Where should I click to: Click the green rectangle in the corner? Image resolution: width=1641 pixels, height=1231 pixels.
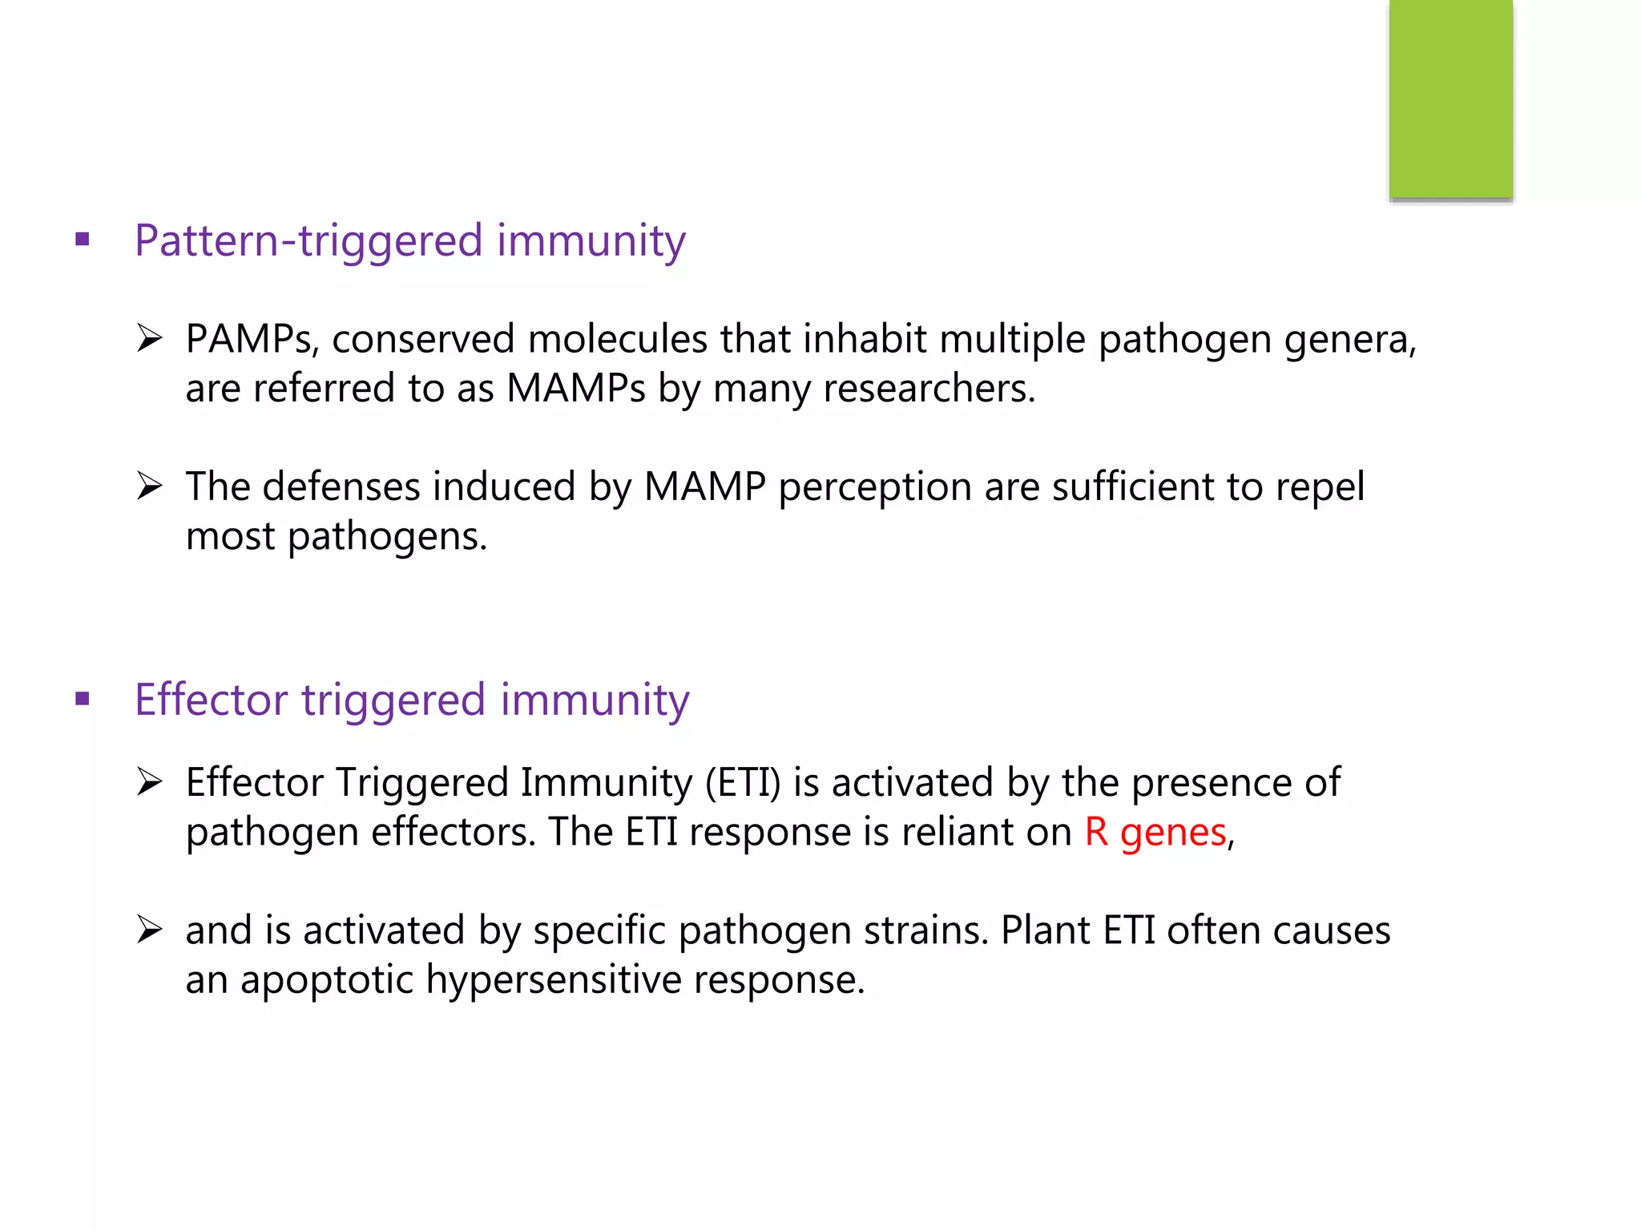coord(1450,99)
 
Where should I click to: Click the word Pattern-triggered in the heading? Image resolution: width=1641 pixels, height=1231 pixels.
coord(308,241)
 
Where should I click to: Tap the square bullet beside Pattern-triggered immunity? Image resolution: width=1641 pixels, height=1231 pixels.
coord(83,239)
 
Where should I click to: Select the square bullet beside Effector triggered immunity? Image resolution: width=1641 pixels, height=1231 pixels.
coord(83,699)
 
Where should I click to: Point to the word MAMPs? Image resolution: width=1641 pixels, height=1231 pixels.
coord(575,389)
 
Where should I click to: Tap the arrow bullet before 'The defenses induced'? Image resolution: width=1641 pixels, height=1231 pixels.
coord(150,486)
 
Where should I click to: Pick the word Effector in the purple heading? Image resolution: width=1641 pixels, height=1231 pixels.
coord(211,700)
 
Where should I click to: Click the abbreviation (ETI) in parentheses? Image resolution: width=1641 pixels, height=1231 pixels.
coord(742,783)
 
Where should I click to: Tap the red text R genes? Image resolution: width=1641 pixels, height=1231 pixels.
coord(1155,833)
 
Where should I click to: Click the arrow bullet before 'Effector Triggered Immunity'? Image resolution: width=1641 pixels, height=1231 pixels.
coord(150,781)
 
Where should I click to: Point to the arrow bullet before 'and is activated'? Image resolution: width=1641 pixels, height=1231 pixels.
coord(150,930)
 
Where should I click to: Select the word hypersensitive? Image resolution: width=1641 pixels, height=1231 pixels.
coord(553,981)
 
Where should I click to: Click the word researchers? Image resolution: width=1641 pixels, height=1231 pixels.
coord(929,389)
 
